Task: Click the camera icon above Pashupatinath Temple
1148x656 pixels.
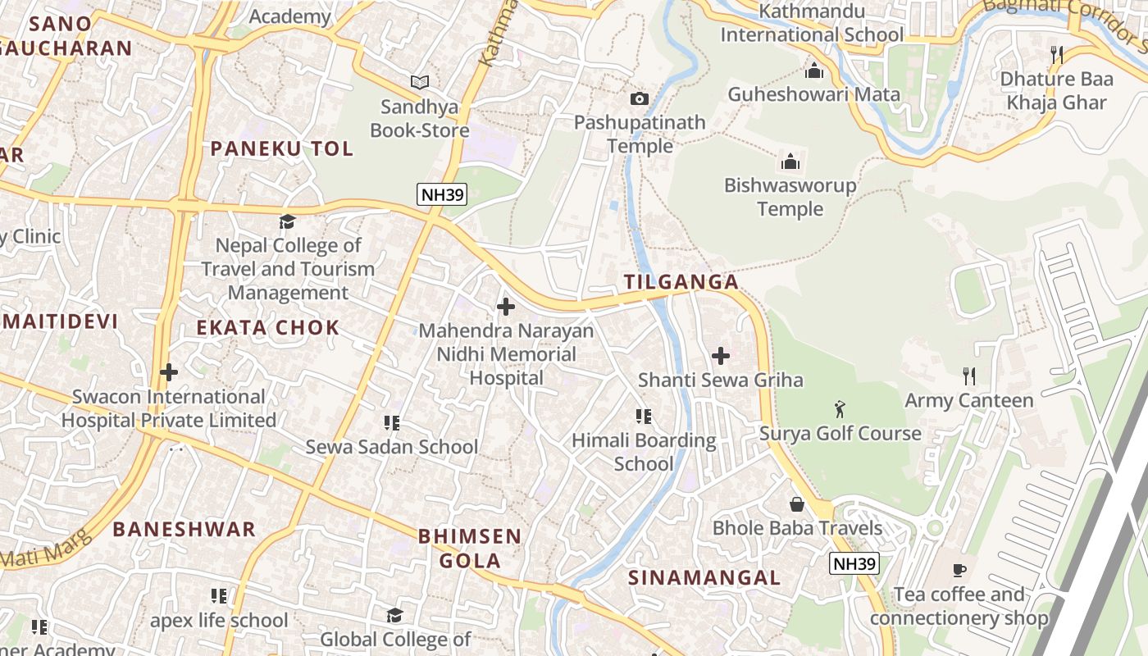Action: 639,99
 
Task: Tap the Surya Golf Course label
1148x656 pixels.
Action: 840,433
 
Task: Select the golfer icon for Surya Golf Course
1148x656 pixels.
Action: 840,408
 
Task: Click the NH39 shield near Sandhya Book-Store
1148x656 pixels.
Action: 442,195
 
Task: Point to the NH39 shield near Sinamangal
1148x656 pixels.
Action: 854,563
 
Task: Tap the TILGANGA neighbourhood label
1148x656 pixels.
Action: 681,282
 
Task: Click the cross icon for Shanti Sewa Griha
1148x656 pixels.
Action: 721,356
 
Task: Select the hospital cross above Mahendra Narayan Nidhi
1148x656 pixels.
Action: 506,307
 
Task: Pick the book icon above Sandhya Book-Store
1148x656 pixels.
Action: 420,82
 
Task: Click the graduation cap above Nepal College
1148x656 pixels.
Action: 287,221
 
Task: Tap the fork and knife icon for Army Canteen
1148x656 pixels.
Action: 969,376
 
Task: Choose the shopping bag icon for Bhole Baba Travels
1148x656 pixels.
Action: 796,503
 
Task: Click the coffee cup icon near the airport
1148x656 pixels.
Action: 959,570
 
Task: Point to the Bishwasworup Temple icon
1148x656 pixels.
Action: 790,161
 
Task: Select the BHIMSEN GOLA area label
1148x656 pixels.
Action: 470,549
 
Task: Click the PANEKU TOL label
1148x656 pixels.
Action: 282,148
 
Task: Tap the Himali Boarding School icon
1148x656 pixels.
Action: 644,417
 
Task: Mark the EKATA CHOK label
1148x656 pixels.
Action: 267,328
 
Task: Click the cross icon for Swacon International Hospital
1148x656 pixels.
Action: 169,372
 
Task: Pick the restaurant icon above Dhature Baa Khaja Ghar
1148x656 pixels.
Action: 1057,55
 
